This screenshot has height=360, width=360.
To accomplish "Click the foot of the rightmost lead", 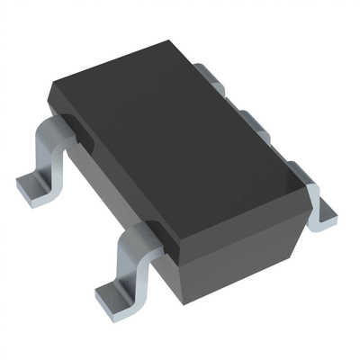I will pos(322,216).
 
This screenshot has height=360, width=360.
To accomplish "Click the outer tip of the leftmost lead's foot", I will pos(22,193).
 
